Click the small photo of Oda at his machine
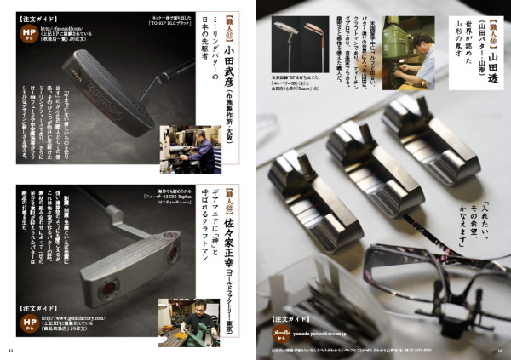pos(190,150)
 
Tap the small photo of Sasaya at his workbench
pos(188,323)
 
